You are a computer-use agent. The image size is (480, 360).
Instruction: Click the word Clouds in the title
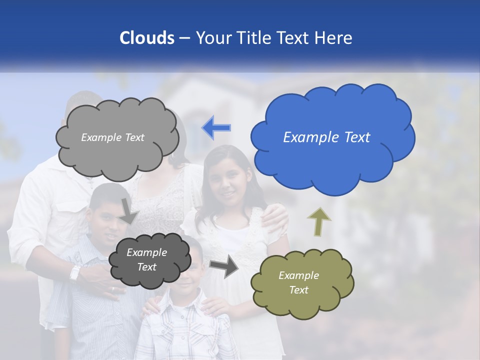[x=146, y=38]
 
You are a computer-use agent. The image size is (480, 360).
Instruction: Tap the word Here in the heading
[x=334, y=38]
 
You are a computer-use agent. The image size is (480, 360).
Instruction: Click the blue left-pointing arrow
[x=216, y=127]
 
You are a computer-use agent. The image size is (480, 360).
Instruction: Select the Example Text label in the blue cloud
[x=326, y=137]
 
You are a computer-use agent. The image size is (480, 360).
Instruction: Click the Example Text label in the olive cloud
[x=298, y=282]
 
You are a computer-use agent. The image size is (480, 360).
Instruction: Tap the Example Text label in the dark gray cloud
[x=146, y=259]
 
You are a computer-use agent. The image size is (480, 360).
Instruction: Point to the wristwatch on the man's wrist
[x=75, y=273]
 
